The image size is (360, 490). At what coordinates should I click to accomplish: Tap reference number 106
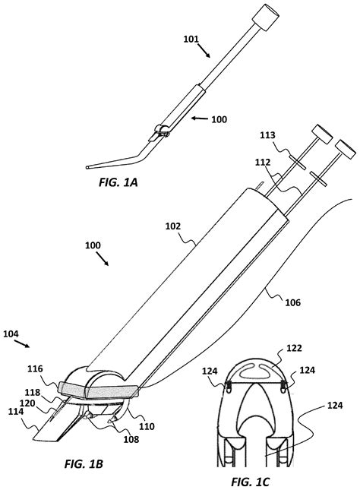292,302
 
